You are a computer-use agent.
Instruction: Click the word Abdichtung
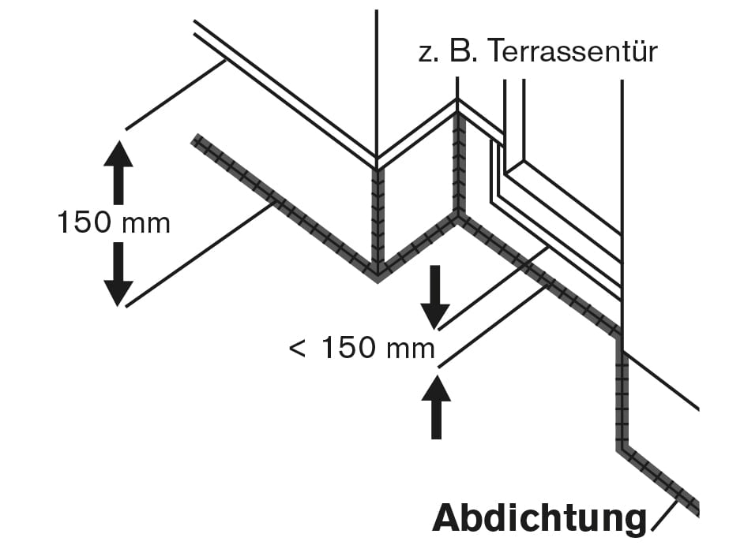click(x=539, y=518)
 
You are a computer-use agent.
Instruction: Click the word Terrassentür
click(x=572, y=52)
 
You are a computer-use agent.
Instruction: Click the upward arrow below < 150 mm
click(x=435, y=407)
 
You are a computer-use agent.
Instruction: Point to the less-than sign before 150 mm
click(x=298, y=348)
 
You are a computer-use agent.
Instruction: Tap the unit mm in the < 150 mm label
click(x=410, y=349)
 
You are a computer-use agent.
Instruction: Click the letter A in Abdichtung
click(x=447, y=518)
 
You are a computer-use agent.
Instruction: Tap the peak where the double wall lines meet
click(x=457, y=101)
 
